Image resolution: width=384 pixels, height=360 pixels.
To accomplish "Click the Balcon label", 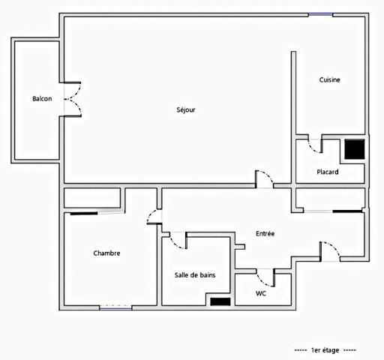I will click(42, 99).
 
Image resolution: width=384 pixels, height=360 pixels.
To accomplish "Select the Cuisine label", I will click(331, 79).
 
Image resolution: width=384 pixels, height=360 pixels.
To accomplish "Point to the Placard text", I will click(328, 172).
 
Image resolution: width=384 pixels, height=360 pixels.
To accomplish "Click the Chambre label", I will click(106, 253).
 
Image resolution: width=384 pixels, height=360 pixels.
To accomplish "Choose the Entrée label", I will click(265, 234).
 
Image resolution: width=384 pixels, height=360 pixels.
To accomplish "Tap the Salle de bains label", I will click(195, 275).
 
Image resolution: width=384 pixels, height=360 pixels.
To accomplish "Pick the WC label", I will click(260, 293).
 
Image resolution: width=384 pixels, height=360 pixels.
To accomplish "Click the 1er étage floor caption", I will click(325, 350).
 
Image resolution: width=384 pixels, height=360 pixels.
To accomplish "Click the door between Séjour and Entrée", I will click(265, 179).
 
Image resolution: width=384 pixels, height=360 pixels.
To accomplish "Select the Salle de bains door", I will click(178, 240).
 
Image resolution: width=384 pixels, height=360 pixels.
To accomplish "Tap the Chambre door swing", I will click(154, 217).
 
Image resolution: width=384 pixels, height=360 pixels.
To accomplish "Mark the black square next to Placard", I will click(354, 149).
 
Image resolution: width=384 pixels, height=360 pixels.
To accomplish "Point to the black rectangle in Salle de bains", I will click(220, 301).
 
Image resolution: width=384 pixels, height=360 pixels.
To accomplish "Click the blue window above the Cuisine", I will click(320, 14).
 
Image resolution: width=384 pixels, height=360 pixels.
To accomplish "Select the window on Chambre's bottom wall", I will click(115, 307).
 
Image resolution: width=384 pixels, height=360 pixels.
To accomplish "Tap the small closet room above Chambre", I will click(92, 198).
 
